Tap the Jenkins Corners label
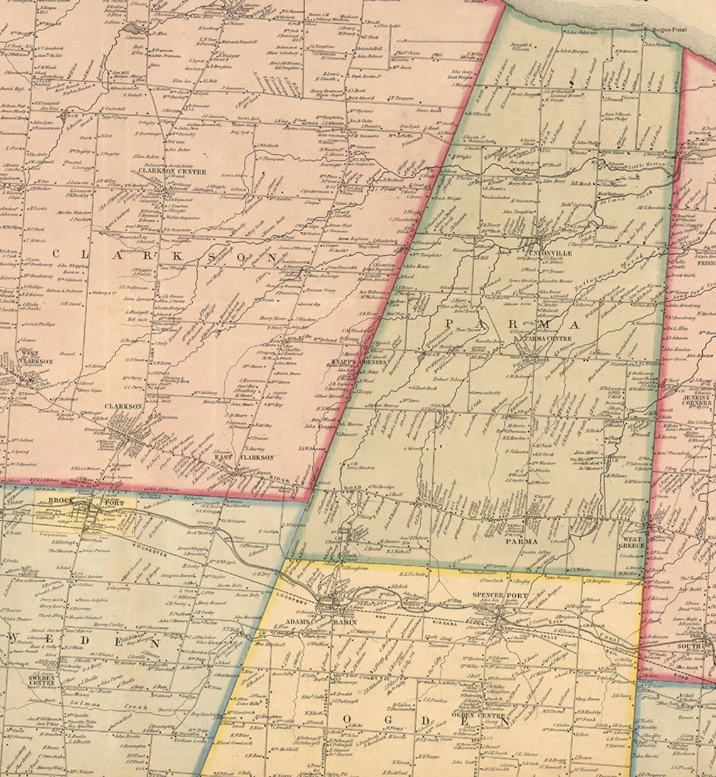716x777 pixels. [x=698, y=400]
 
